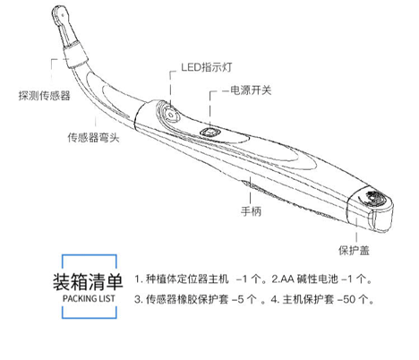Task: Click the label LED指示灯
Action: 207,67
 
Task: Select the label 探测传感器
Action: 45,95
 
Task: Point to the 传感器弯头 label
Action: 93,137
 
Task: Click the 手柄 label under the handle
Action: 251,210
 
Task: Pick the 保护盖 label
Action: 354,250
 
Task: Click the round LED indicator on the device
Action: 171,115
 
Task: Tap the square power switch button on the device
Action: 210,132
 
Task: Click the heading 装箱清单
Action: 88,281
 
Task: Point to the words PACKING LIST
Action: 89,298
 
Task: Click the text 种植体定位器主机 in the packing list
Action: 187,279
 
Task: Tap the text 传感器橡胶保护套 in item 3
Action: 187,299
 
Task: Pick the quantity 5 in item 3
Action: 241,299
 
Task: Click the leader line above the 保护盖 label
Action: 356,230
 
